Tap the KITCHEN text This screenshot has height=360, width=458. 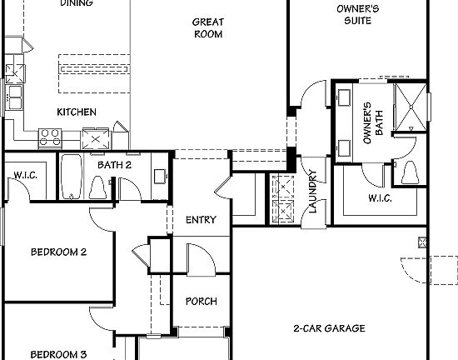click(77, 112)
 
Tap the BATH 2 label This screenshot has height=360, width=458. click(115, 165)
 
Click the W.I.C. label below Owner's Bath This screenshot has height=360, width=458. click(380, 198)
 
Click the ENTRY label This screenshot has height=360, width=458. click(201, 220)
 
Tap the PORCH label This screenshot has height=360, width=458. click(201, 301)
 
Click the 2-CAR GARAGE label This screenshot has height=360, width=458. click(329, 328)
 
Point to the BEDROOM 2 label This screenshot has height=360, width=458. click(59, 252)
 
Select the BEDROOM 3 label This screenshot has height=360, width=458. click(59, 354)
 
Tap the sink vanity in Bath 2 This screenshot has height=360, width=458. click(158, 176)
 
